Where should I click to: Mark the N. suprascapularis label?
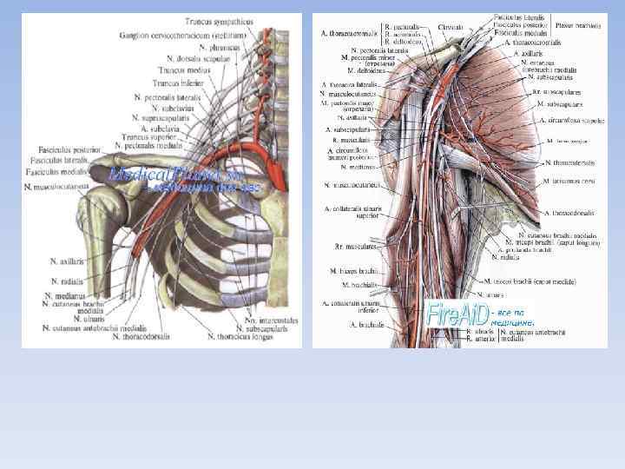169,117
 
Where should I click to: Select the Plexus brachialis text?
579,26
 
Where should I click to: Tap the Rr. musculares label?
355,247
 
